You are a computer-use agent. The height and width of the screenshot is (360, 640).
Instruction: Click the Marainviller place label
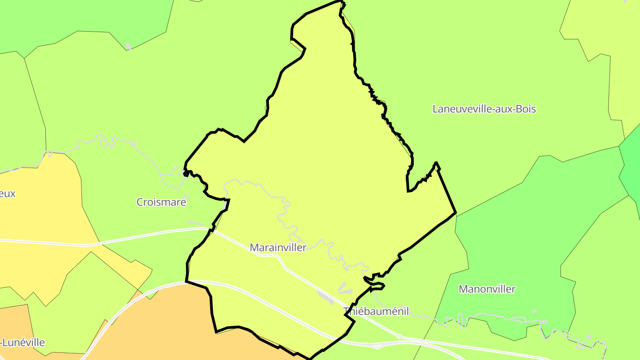click(x=278, y=248)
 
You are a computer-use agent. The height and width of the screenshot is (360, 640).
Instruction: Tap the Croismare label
click(x=161, y=202)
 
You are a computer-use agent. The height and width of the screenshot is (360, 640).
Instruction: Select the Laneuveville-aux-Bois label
click(x=484, y=109)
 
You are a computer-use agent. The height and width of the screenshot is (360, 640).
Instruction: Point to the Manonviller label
click(x=487, y=289)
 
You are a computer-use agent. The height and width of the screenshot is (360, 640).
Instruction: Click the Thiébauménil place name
click(x=376, y=311)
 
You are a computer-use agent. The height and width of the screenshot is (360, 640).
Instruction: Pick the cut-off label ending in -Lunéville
click(x=23, y=343)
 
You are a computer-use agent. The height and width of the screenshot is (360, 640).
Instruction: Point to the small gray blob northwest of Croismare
click(x=128, y=46)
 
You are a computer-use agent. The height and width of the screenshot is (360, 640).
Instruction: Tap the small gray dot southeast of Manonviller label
click(x=534, y=311)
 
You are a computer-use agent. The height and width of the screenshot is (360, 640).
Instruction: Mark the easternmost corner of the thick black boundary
click(x=456, y=212)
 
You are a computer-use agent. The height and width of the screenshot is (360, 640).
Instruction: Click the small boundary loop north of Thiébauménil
click(x=374, y=282)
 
